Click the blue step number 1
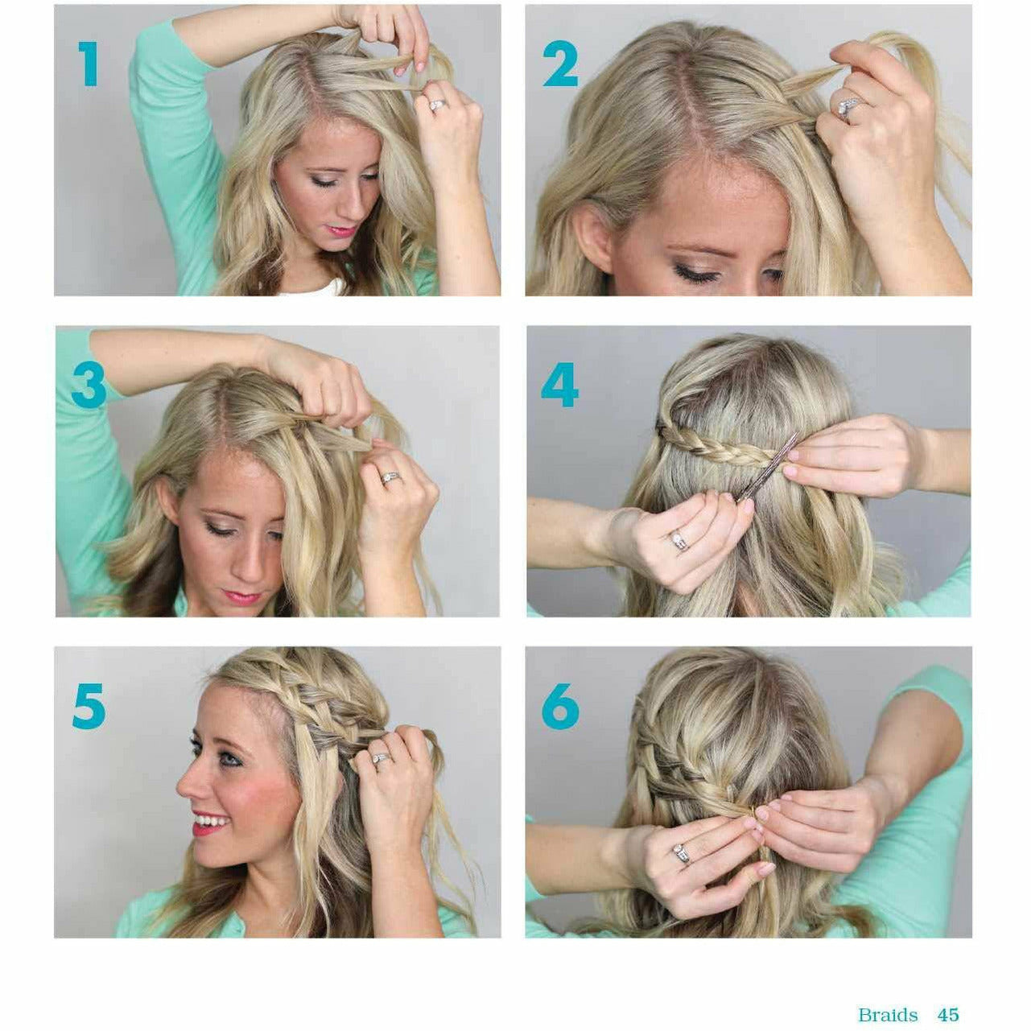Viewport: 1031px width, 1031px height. (x=89, y=64)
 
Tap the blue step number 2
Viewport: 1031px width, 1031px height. (x=560, y=64)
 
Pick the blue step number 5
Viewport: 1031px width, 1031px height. (x=89, y=706)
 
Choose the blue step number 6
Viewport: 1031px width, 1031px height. (x=560, y=706)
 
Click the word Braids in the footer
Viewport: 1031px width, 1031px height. (x=888, y=992)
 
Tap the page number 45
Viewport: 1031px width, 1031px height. (x=948, y=992)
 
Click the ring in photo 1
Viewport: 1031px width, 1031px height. (x=436, y=105)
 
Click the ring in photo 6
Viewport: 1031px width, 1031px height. (x=681, y=854)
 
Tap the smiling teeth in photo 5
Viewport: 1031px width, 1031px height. (x=212, y=822)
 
